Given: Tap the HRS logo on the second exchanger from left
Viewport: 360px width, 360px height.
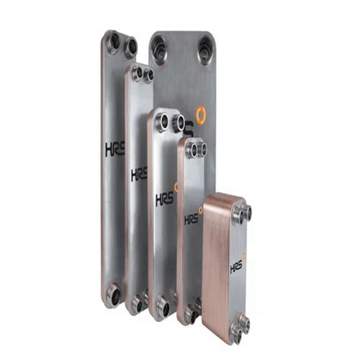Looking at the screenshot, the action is point(139,175).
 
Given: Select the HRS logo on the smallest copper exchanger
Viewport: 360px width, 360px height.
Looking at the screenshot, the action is point(237,267).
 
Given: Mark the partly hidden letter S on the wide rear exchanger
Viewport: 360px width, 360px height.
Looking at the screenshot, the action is point(189,129).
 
